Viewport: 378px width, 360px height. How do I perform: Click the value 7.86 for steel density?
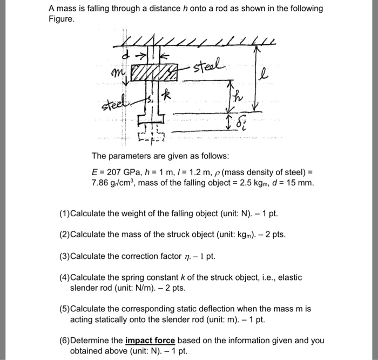coord(101,182)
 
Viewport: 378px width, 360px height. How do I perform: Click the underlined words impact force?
coord(150,341)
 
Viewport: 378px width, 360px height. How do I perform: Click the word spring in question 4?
coord(122,277)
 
